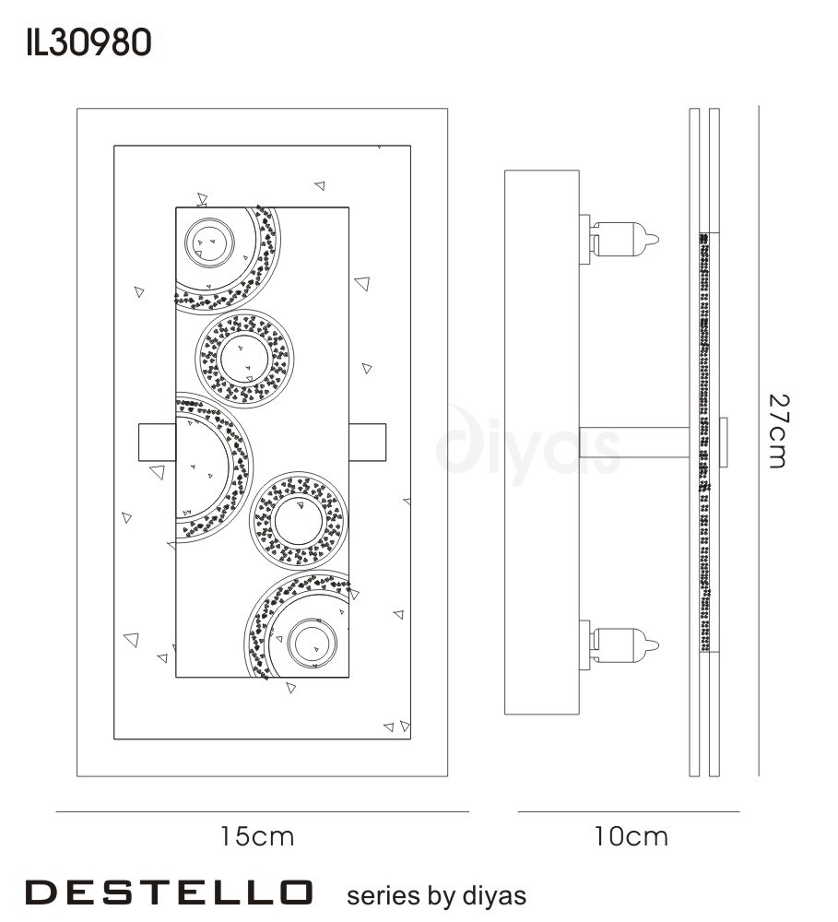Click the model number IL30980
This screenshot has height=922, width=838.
[89, 43]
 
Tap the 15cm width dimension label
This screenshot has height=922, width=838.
[257, 837]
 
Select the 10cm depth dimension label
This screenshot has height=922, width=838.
[631, 837]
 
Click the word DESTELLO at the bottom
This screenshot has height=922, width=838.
[168, 892]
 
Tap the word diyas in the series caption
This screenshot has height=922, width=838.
[494, 896]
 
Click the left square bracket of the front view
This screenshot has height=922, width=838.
[157, 443]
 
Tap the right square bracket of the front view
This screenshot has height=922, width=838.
[368, 443]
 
